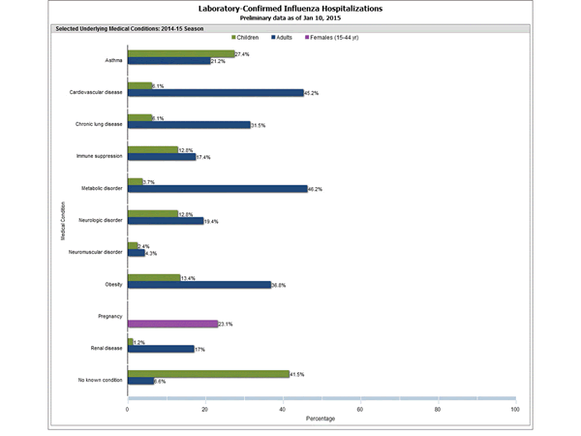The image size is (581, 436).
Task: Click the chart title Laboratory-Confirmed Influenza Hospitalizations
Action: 290,8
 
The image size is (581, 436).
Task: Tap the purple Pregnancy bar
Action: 172,324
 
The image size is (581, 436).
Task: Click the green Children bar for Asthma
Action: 181,54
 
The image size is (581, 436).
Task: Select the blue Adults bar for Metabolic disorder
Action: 217,189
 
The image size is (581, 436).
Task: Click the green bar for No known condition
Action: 208,373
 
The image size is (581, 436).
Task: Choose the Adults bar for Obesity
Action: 199,285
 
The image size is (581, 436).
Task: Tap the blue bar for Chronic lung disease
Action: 189,125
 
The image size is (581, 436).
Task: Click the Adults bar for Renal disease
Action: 161,349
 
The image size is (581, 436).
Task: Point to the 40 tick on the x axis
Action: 283,410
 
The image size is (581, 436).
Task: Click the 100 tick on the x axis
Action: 514,410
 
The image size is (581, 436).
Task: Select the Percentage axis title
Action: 321,420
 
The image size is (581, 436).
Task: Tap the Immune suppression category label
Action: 100,154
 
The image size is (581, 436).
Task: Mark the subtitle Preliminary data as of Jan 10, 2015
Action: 290,17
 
